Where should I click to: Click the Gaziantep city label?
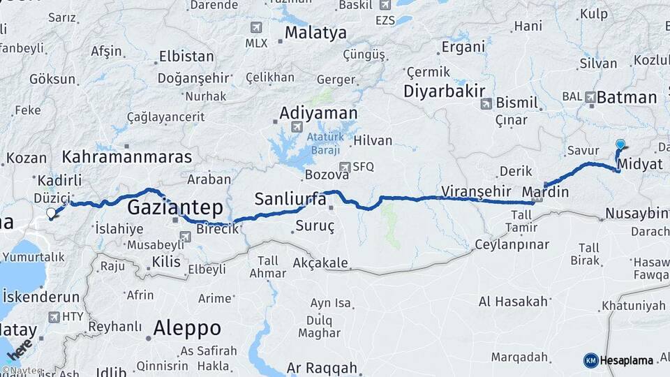174,207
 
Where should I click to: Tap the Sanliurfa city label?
290,198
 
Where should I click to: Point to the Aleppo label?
186,327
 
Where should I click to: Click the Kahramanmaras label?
126,156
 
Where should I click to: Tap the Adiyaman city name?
318,113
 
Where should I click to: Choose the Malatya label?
315,33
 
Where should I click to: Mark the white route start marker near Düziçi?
51,213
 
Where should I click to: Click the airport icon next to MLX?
256,27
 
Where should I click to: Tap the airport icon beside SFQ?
344,167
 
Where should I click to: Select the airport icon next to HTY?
54,317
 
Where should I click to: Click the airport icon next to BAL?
590,97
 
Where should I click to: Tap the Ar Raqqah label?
322,368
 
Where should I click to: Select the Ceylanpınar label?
512,244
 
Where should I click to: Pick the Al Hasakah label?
513,302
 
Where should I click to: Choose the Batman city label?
625,98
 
